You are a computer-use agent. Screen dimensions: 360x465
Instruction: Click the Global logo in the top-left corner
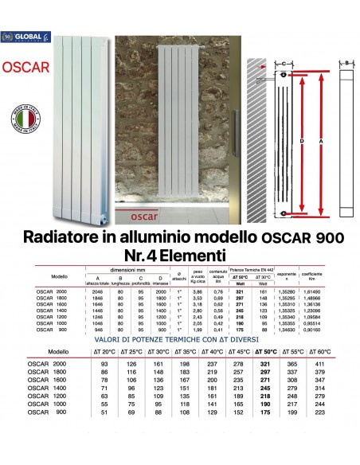[x=25, y=37]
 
